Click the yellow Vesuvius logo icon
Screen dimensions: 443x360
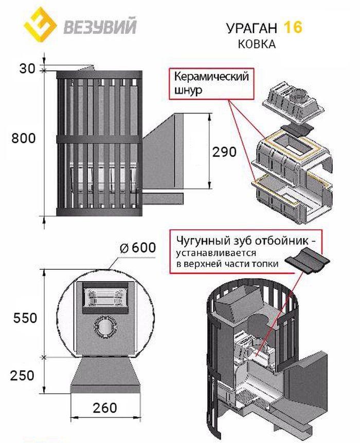coord(40,25)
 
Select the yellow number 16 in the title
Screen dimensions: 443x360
coord(294,27)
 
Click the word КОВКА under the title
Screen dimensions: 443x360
coord(256,44)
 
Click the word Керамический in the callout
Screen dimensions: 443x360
coord(211,77)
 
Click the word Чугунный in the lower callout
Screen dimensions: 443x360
coord(198,240)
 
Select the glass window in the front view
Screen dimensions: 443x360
coord(104,298)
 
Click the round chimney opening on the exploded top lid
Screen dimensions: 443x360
coord(298,96)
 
